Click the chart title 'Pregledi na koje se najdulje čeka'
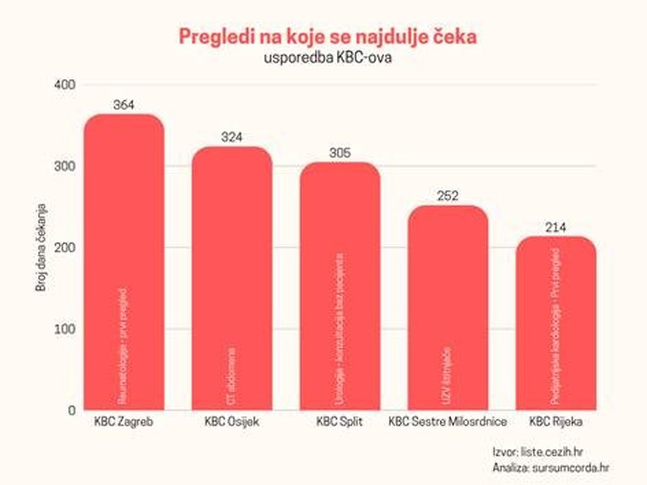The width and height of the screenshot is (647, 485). pyautogui.click(x=327, y=36)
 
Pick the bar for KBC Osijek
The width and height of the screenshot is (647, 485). pyautogui.click(x=232, y=278)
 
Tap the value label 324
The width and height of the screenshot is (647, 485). pyautogui.click(x=232, y=138)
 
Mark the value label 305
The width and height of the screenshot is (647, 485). pyautogui.click(x=340, y=153)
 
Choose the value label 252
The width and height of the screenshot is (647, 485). pyautogui.click(x=448, y=196)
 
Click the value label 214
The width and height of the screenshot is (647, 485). pyautogui.click(x=556, y=227)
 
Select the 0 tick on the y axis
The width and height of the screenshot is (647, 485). pyautogui.click(x=71, y=410)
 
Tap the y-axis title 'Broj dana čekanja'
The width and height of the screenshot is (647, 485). pyautogui.click(x=39, y=248)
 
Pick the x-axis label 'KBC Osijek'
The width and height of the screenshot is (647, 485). pyautogui.click(x=232, y=422)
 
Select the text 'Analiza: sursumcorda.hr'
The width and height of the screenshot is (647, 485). pyautogui.click(x=550, y=467)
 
